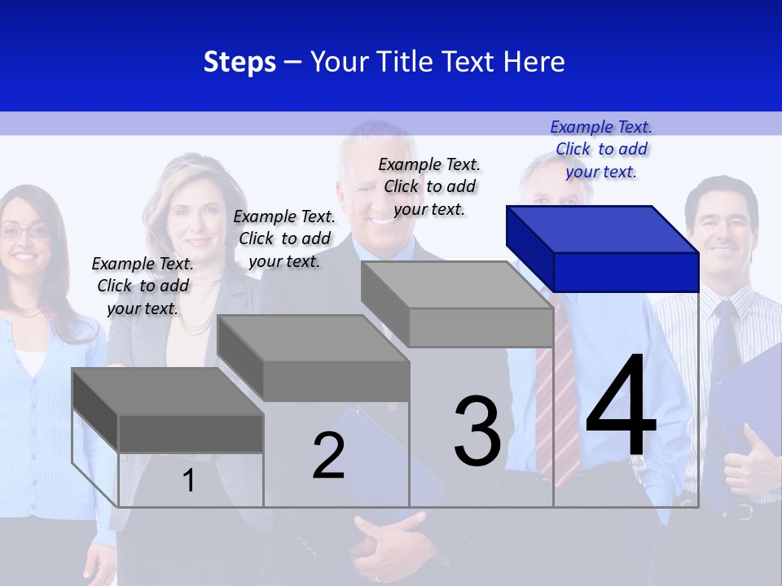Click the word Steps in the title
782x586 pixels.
coord(239,62)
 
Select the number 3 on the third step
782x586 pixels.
coord(477,431)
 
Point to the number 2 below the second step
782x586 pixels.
coord(328,456)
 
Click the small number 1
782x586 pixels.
coord(189,481)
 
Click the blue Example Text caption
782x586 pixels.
coord(601,149)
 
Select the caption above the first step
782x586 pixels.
coord(143,286)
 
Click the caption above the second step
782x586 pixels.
coord(284,238)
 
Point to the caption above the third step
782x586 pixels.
coord(429,186)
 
